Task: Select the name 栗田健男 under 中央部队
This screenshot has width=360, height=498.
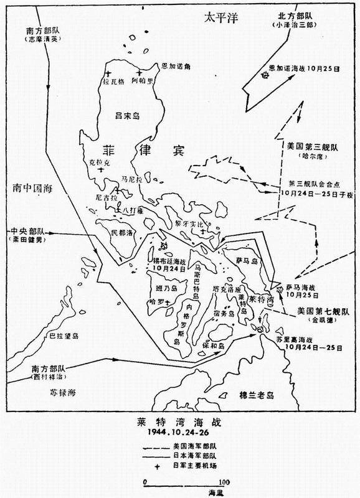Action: (x=28, y=239)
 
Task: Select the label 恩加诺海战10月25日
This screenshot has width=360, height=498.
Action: (x=311, y=70)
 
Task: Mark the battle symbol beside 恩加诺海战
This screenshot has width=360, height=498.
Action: (x=265, y=75)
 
